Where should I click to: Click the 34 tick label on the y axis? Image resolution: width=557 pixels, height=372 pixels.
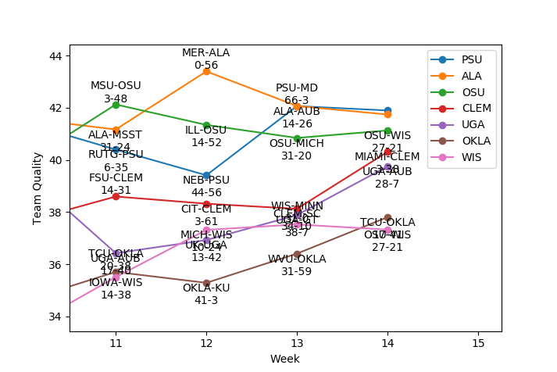55,317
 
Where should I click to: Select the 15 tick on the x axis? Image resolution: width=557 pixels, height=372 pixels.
478,343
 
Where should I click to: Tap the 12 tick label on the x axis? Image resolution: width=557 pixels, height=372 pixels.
206,343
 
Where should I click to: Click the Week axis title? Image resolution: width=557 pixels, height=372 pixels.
284,359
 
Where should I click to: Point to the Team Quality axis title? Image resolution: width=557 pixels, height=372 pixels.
37,188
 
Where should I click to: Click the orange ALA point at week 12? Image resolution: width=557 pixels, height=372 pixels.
206,71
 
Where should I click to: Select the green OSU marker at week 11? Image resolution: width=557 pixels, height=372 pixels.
116,104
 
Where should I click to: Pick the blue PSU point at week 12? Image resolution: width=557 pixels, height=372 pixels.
206,175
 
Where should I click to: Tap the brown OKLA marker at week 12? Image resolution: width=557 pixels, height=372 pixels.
206,283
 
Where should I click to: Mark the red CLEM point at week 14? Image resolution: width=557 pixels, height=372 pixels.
387,152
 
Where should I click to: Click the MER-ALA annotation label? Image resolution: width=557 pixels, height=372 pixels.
206,53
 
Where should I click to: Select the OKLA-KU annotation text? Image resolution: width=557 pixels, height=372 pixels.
206,288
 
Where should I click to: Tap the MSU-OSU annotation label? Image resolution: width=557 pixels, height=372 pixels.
116,86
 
